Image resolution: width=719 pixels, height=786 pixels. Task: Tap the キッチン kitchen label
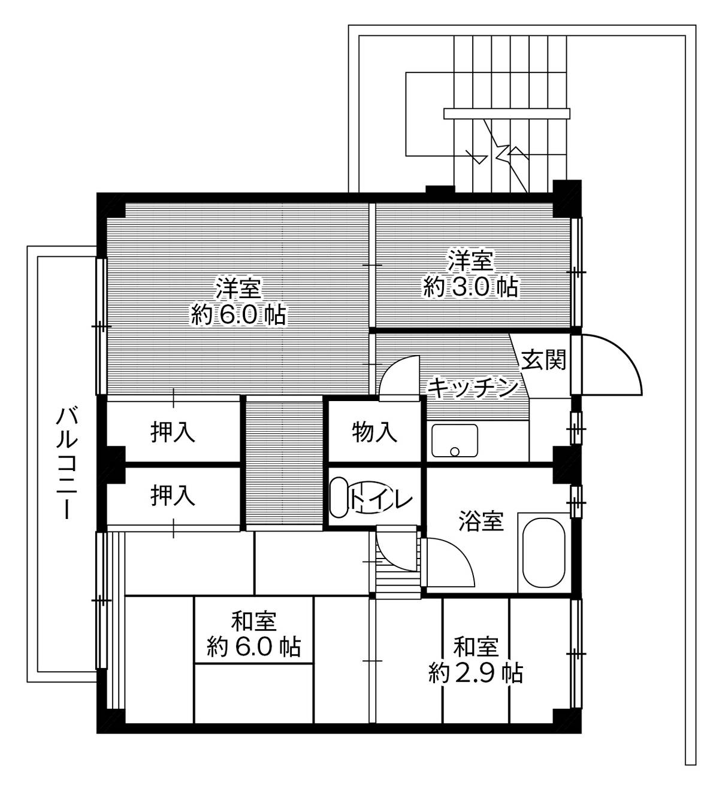[x=472, y=388]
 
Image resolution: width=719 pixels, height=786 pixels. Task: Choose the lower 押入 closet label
[x=173, y=496]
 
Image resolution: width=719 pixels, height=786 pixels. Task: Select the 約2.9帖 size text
[x=476, y=673]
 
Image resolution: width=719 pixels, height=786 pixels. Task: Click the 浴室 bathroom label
[x=481, y=521]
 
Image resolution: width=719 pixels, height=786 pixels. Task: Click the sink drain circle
[x=455, y=451]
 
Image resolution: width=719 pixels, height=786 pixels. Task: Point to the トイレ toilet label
[x=381, y=499]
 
